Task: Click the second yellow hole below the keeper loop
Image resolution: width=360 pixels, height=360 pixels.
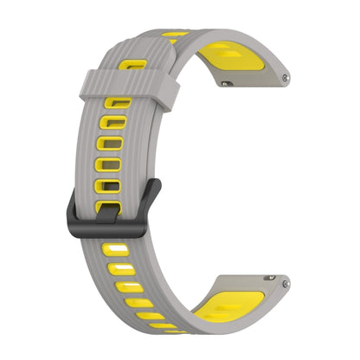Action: coord(115,124)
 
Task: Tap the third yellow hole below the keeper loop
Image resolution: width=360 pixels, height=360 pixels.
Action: coord(111,144)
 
